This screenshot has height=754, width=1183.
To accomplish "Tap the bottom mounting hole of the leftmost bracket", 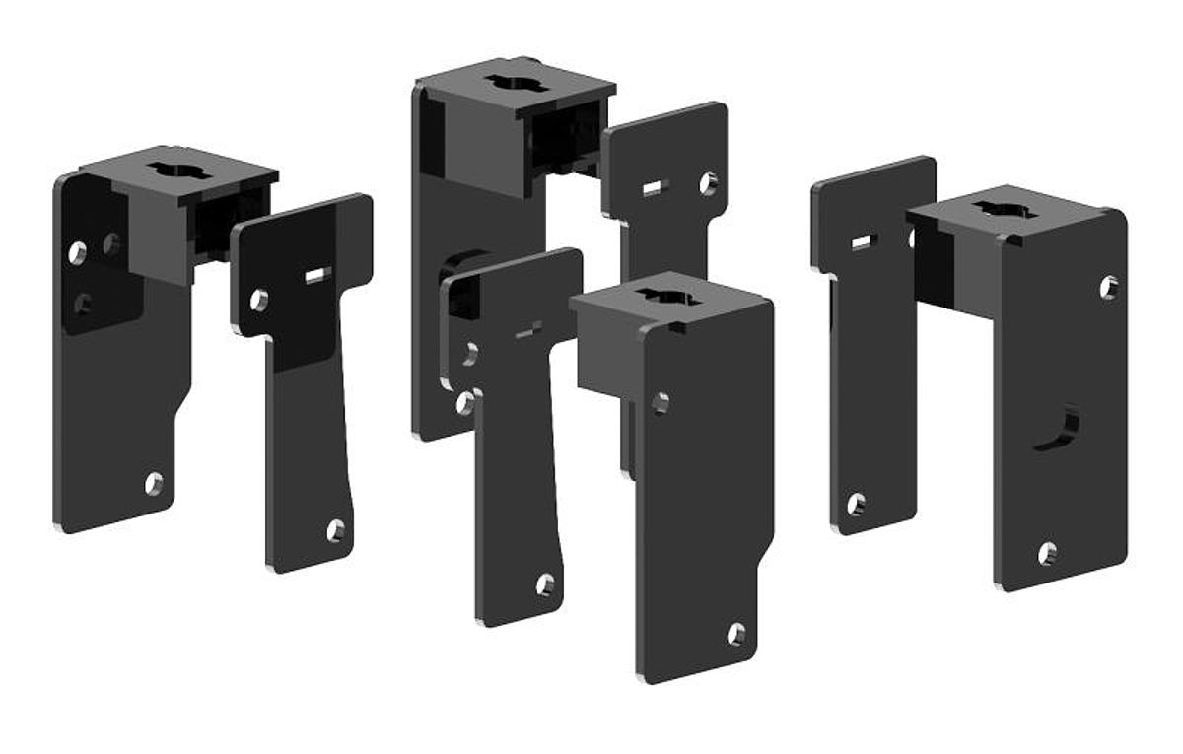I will pos(154,483).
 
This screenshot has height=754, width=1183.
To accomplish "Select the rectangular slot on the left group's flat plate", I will pos(316,276).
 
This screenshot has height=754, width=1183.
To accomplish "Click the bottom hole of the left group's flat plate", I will pos(336,530).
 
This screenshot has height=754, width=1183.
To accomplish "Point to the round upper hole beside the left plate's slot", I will pos(259,300).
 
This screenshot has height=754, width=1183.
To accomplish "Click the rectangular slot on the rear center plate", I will pos(652,188).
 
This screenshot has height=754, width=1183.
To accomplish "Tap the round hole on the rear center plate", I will pos(708,183).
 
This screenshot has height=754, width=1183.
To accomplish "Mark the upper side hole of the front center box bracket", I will pos(661,402).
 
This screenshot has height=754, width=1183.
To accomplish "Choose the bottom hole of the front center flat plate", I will pos(545,584).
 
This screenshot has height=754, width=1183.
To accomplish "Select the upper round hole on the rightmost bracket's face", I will pos(1109,287).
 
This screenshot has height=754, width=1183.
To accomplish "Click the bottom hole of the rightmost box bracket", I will pos(1047,553).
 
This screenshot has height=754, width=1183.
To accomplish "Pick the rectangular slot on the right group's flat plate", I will pos(862,242).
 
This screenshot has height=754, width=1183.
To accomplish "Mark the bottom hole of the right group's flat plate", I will pos(856,504).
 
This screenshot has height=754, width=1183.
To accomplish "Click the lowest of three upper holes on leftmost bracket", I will pos(84,304).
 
